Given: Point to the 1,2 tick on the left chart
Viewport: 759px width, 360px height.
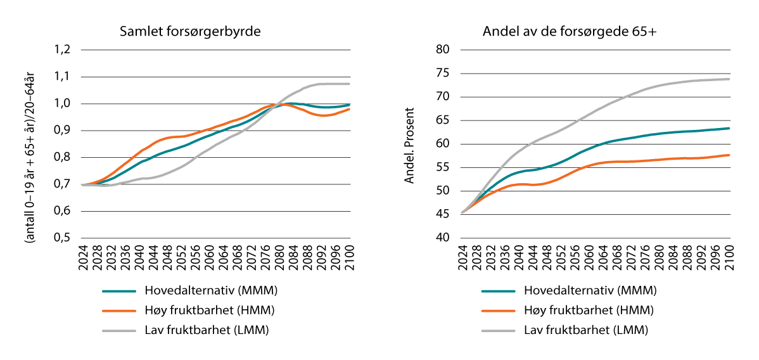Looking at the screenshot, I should point(63,50).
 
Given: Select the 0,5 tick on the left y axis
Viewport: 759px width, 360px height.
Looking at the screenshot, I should point(63,238).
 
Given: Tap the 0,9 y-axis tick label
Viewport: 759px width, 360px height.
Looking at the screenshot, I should point(63,131).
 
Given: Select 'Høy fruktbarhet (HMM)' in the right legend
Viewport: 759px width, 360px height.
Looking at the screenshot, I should point(589,311).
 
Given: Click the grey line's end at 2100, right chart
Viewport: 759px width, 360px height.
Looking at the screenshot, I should point(729,79).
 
